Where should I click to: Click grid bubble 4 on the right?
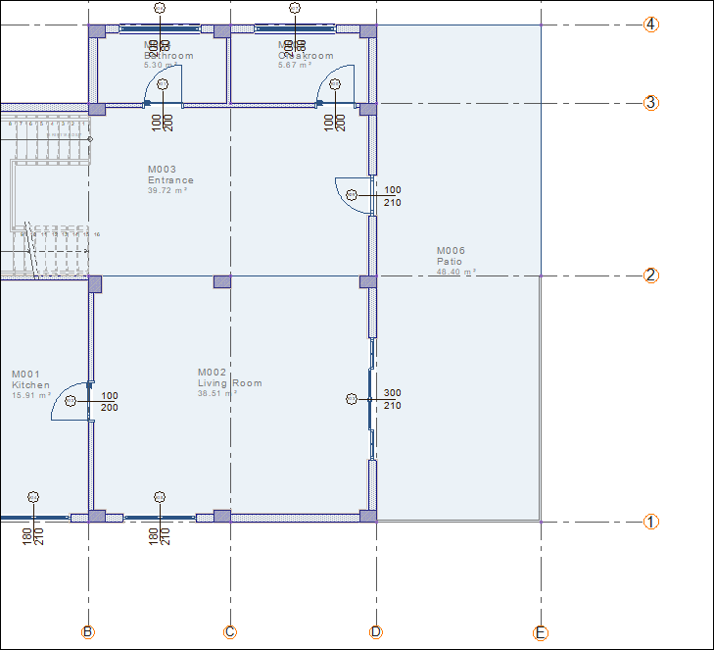click(x=651, y=25)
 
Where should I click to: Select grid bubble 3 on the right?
click(x=651, y=103)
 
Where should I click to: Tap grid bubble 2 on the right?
click(x=651, y=275)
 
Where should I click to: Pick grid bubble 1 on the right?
click(x=651, y=522)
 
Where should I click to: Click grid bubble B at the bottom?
click(x=88, y=632)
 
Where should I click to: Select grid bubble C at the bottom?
click(x=230, y=632)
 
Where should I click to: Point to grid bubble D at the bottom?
click(x=376, y=632)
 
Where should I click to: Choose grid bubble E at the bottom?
click(x=541, y=632)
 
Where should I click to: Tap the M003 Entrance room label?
click(x=170, y=179)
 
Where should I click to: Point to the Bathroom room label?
click(x=168, y=56)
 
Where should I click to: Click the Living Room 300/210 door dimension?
click(x=392, y=399)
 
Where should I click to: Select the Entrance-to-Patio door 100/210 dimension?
click(x=392, y=196)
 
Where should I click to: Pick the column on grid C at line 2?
click(x=222, y=281)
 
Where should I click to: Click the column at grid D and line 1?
click(x=368, y=516)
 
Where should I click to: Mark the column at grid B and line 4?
click(x=96, y=31)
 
